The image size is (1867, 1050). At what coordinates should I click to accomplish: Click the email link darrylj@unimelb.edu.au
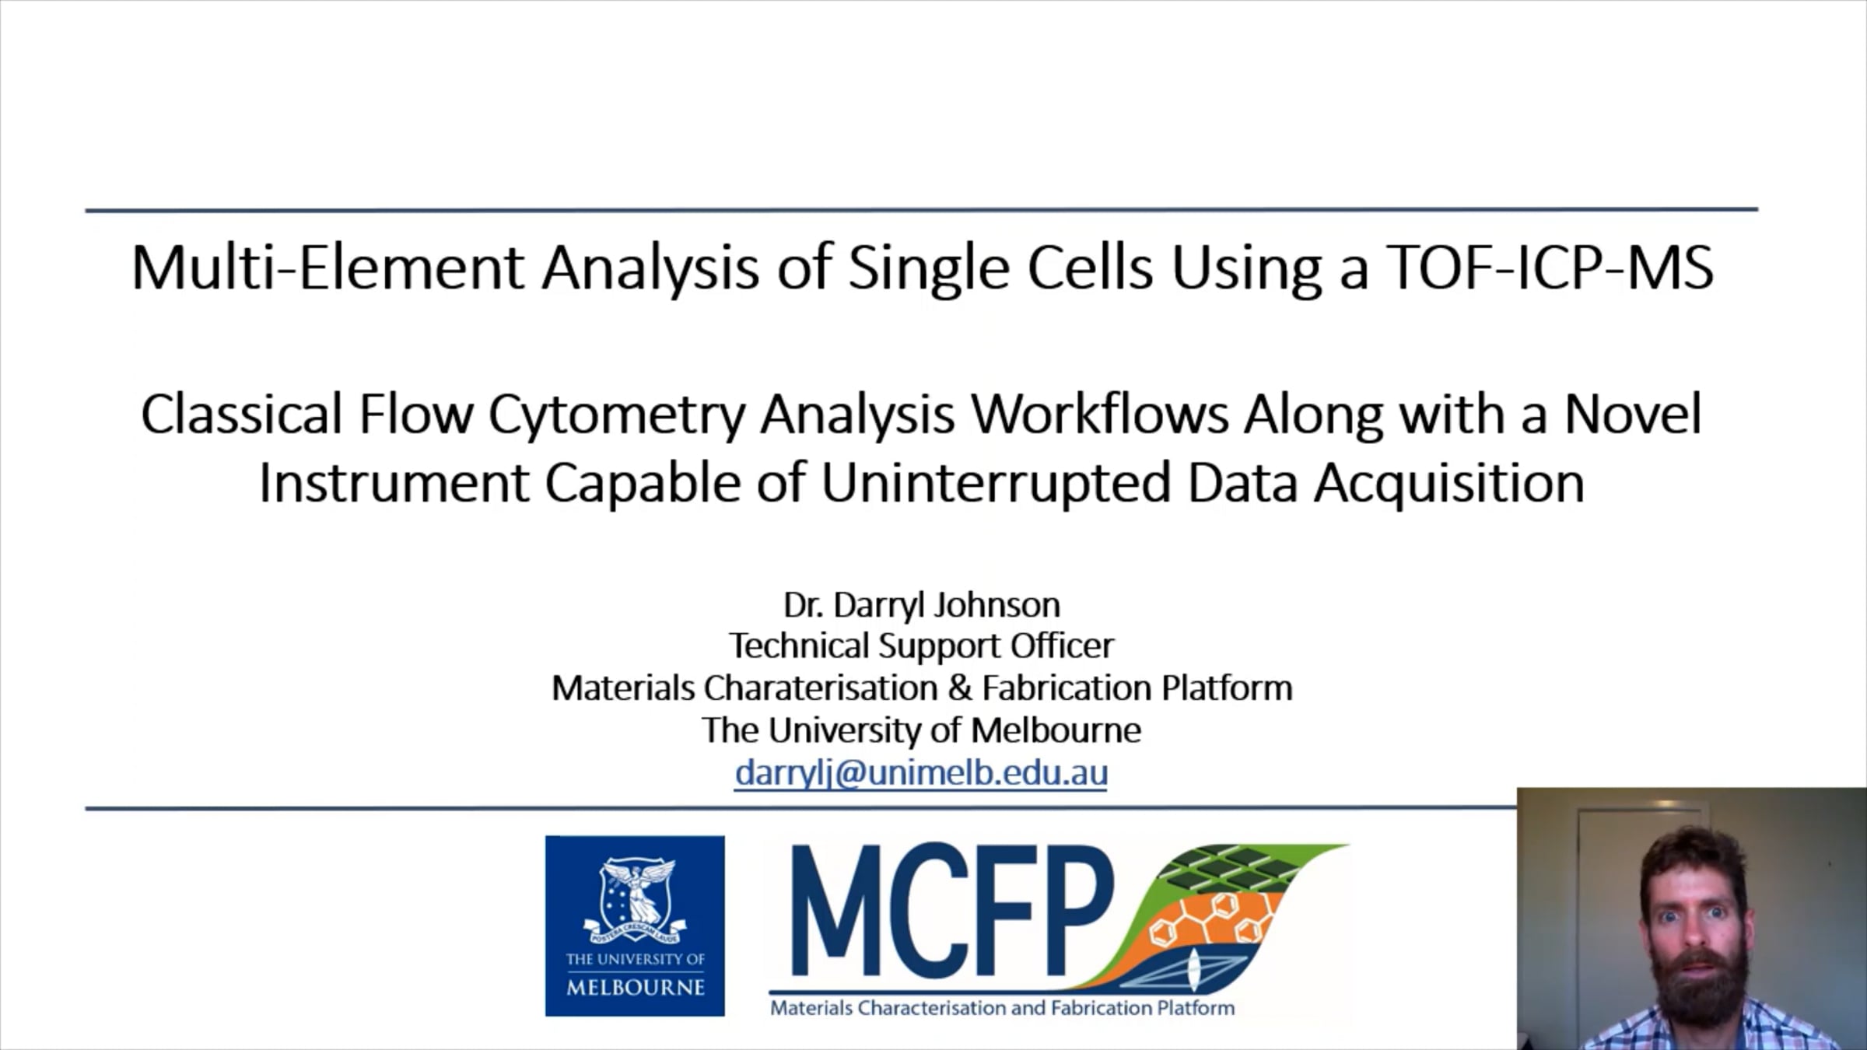[x=921, y=773]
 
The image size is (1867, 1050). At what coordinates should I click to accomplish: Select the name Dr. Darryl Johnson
[x=921, y=604]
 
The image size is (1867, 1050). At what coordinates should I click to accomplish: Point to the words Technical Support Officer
[x=921, y=646]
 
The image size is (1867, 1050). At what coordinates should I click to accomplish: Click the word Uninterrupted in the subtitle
[x=996, y=483]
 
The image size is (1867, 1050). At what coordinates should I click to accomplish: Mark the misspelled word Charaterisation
[x=821, y=688]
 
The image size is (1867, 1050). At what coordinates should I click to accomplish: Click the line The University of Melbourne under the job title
[x=921, y=730]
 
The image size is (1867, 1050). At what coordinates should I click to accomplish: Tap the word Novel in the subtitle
[x=1633, y=415]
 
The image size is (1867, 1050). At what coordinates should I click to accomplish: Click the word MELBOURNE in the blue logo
[x=635, y=988]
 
